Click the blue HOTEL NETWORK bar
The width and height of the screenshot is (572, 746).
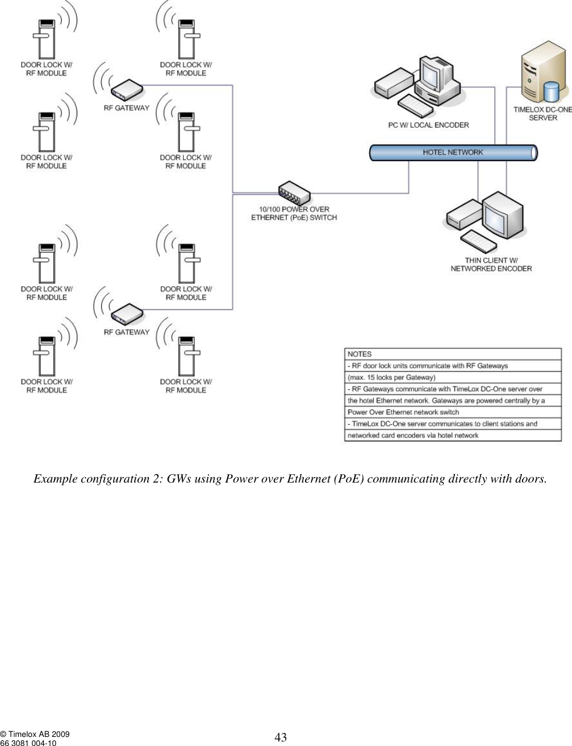pos(453,152)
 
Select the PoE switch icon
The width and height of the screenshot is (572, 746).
pos(294,194)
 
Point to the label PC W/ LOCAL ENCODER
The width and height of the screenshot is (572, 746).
pos(428,125)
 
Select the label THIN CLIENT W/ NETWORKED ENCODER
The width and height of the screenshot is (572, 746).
pos(491,264)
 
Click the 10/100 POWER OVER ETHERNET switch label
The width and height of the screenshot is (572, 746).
pos(294,213)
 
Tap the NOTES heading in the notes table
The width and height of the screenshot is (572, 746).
pos(360,354)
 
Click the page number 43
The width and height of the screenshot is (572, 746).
pos(281,737)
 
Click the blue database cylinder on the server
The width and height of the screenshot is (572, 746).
pos(551,91)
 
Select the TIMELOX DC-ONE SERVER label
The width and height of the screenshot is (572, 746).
pos(542,114)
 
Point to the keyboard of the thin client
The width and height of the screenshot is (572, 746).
pos(479,241)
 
